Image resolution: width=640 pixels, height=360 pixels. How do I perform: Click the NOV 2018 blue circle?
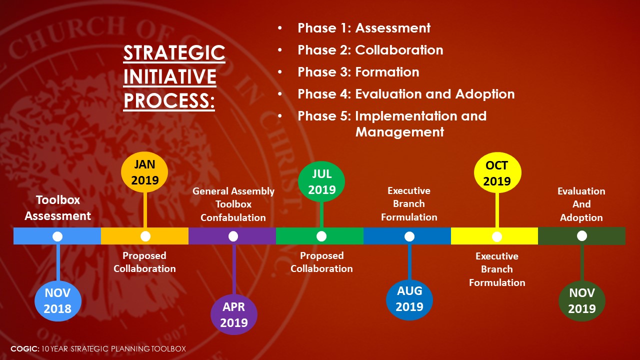tap(58, 301)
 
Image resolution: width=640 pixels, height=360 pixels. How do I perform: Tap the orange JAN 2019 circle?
tap(144, 172)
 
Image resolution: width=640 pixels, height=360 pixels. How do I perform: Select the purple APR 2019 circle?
tap(234, 314)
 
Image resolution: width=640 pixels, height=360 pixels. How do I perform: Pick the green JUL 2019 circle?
tap(321, 181)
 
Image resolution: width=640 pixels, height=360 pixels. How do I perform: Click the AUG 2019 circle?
tap(409, 299)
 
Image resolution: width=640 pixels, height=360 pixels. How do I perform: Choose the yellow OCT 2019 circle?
tap(497, 172)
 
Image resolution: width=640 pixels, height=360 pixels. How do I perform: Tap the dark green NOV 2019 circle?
tap(582, 301)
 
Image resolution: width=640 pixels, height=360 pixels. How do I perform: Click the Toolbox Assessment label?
tap(57, 207)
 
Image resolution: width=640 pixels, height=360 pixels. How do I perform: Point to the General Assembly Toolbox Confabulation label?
tap(233, 204)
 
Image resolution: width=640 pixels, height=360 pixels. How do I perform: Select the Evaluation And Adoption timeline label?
tap(581, 204)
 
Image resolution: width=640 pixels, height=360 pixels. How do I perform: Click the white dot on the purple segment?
tap(233, 236)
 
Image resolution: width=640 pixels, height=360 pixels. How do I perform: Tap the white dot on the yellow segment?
tap(497, 236)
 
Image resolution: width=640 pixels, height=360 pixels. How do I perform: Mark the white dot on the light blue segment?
tap(57, 236)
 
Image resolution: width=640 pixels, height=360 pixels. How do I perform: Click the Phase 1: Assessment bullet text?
tap(364, 28)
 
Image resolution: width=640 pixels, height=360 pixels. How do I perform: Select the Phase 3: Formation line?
tap(358, 72)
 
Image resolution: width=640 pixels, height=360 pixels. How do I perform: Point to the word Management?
tap(399, 132)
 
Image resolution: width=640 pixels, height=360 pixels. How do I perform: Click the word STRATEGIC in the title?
tap(174, 53)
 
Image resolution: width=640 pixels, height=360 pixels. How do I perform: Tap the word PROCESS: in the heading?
tap(169, 100)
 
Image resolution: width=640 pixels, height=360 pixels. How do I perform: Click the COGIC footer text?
tap(98, 348)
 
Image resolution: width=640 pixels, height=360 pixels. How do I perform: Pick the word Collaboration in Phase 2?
tap(399, 50)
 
